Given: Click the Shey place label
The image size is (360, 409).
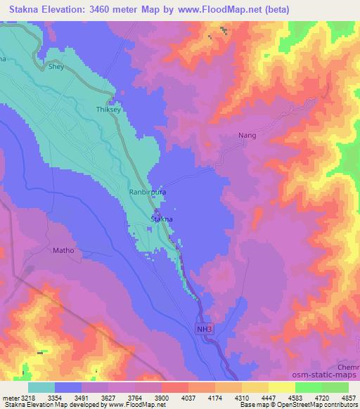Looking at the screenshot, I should [56, 68].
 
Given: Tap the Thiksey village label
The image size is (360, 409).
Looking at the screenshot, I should [108, 110].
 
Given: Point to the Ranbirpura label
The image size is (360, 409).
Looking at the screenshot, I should [147, 190].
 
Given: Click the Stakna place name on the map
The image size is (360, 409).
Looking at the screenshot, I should [162, 220].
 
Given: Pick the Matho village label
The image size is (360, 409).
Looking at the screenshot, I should [63, 250].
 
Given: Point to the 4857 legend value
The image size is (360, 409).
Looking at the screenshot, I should [349, 398].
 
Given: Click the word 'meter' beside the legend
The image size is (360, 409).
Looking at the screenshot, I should [8, 398].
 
